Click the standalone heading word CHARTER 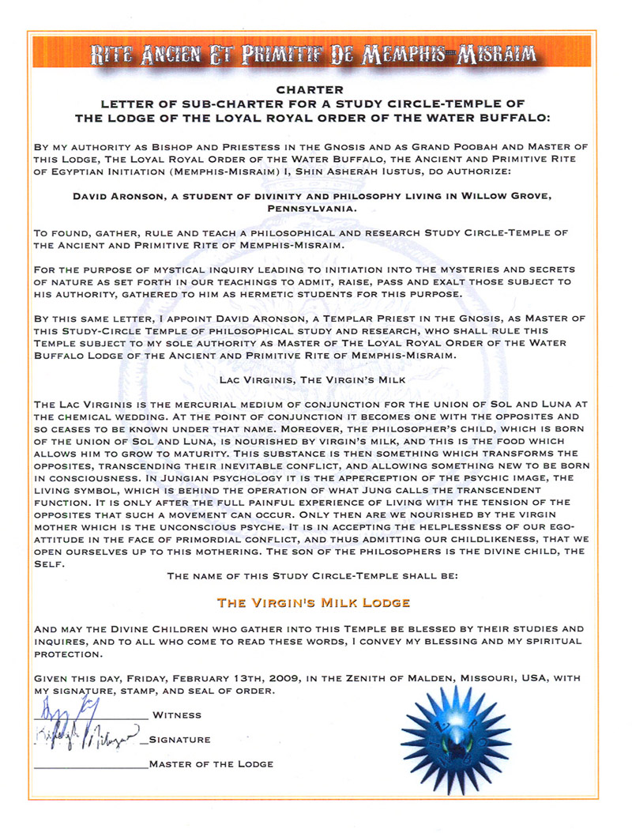315,90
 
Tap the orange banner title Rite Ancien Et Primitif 315,55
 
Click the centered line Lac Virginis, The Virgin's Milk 315,380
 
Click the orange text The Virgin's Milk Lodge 314,602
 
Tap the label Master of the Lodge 210,764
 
